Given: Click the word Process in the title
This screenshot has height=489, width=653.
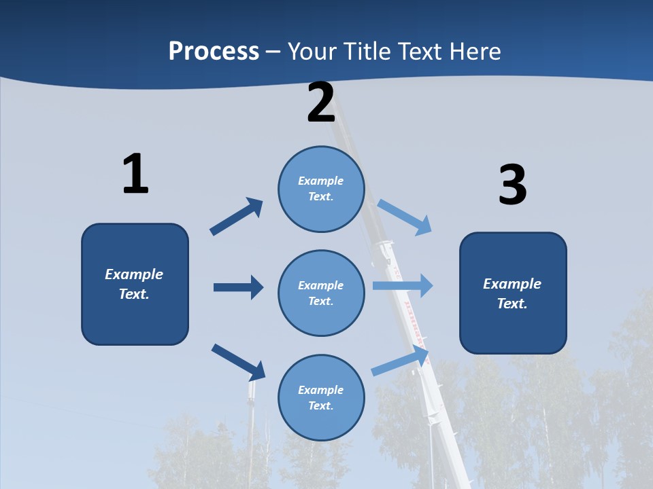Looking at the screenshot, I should [214, 51].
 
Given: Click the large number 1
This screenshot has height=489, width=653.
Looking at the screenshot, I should [135, 175].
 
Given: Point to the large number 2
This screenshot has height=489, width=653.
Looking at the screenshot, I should [321, 103].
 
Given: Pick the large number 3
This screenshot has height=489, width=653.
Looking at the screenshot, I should [512, 185].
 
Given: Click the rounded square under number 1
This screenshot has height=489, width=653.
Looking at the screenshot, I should [135, 284].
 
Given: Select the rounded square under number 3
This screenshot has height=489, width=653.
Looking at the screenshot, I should [513, 293].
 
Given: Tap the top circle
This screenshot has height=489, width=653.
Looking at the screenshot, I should [321, 189].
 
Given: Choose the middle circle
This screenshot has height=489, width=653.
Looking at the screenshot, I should [321, 293].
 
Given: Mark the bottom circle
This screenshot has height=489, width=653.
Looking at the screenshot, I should [321, 397].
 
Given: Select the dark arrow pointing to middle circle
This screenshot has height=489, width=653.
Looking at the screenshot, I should [238, 287].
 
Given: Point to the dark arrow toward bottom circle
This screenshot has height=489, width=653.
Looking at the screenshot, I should [238, 361].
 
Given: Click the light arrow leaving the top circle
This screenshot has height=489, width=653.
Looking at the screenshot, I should [405, 217].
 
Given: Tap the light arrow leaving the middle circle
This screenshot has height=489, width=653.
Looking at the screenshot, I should [403, 285].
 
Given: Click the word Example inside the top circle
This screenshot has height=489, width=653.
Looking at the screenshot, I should [321, 181].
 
